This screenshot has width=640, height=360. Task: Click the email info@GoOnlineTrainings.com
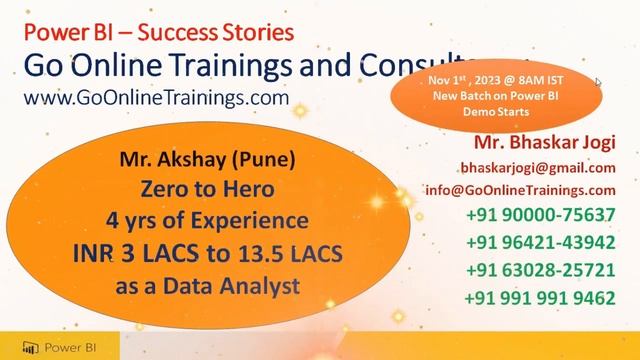[534, 189]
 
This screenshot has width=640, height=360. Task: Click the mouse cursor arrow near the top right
[598, 82]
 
